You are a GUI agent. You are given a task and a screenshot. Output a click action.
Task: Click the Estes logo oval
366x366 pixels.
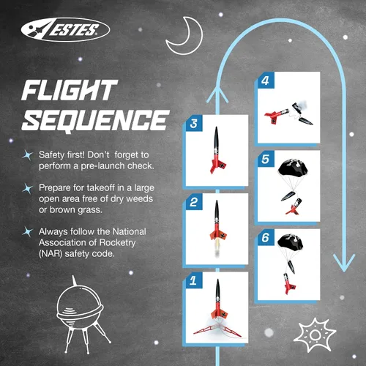click(x=65, y=29)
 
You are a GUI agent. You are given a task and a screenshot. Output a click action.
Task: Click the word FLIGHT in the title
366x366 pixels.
click(x=69, y=90)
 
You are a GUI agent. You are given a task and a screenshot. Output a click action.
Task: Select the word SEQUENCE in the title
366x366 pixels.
click(x=95, y=120)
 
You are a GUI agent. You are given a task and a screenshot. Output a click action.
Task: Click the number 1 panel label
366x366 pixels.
click(x=193, y=280)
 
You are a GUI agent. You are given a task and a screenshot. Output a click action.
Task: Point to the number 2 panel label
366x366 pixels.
click(x=193, y=202)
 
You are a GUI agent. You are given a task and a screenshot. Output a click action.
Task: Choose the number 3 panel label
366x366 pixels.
click(x=193, y=124)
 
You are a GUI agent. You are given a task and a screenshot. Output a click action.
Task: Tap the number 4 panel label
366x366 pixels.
click(x=265, y=81)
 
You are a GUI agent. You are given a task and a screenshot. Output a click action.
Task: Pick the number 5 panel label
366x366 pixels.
click(x=265, y=159)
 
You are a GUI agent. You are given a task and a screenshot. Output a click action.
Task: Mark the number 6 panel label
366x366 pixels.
click(x=265, y=238)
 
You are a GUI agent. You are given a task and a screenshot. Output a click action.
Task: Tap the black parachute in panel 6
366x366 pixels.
click(x=290, y=243)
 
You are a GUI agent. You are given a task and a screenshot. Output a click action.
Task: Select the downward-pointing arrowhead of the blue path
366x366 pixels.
click(x=344, y=263)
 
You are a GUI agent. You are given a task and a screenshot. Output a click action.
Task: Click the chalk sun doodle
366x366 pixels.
click(x=315, y=335)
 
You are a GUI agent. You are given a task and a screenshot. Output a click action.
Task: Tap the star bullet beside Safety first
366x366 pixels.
click(x=28, y=154)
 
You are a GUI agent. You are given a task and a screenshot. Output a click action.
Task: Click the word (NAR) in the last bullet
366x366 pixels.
click(x=51, y=254)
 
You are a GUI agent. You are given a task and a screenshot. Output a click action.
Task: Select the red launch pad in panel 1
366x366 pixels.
click(x=217, y=331)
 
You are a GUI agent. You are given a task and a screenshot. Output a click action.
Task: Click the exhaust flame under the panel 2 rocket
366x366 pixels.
click(x=217, y=249)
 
